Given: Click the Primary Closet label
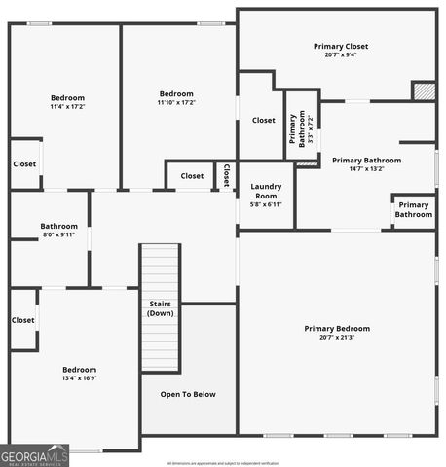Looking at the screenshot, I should (x=341, y=46).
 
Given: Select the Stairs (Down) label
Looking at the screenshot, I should (x=161, y=308).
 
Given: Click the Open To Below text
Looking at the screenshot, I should (x=188, y=394).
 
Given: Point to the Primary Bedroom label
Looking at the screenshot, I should (x=337, y=328).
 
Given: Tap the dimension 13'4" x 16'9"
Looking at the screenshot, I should (x=80, y=379).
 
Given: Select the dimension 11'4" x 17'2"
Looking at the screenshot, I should (x=68, y=106).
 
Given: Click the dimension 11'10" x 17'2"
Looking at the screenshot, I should (x=177, y=102).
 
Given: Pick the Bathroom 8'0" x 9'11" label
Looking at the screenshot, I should (x=58, y=230).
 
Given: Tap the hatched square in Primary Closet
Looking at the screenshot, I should (x=424, y=90).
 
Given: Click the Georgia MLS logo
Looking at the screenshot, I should (x=35, y=455).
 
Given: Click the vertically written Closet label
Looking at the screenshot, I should (x=226, y=176).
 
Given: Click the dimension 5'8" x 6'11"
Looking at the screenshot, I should (x=266, y=204).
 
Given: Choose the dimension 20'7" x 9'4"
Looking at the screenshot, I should (x=341, y=55).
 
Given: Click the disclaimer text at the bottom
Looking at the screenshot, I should (x=223, y=463).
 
